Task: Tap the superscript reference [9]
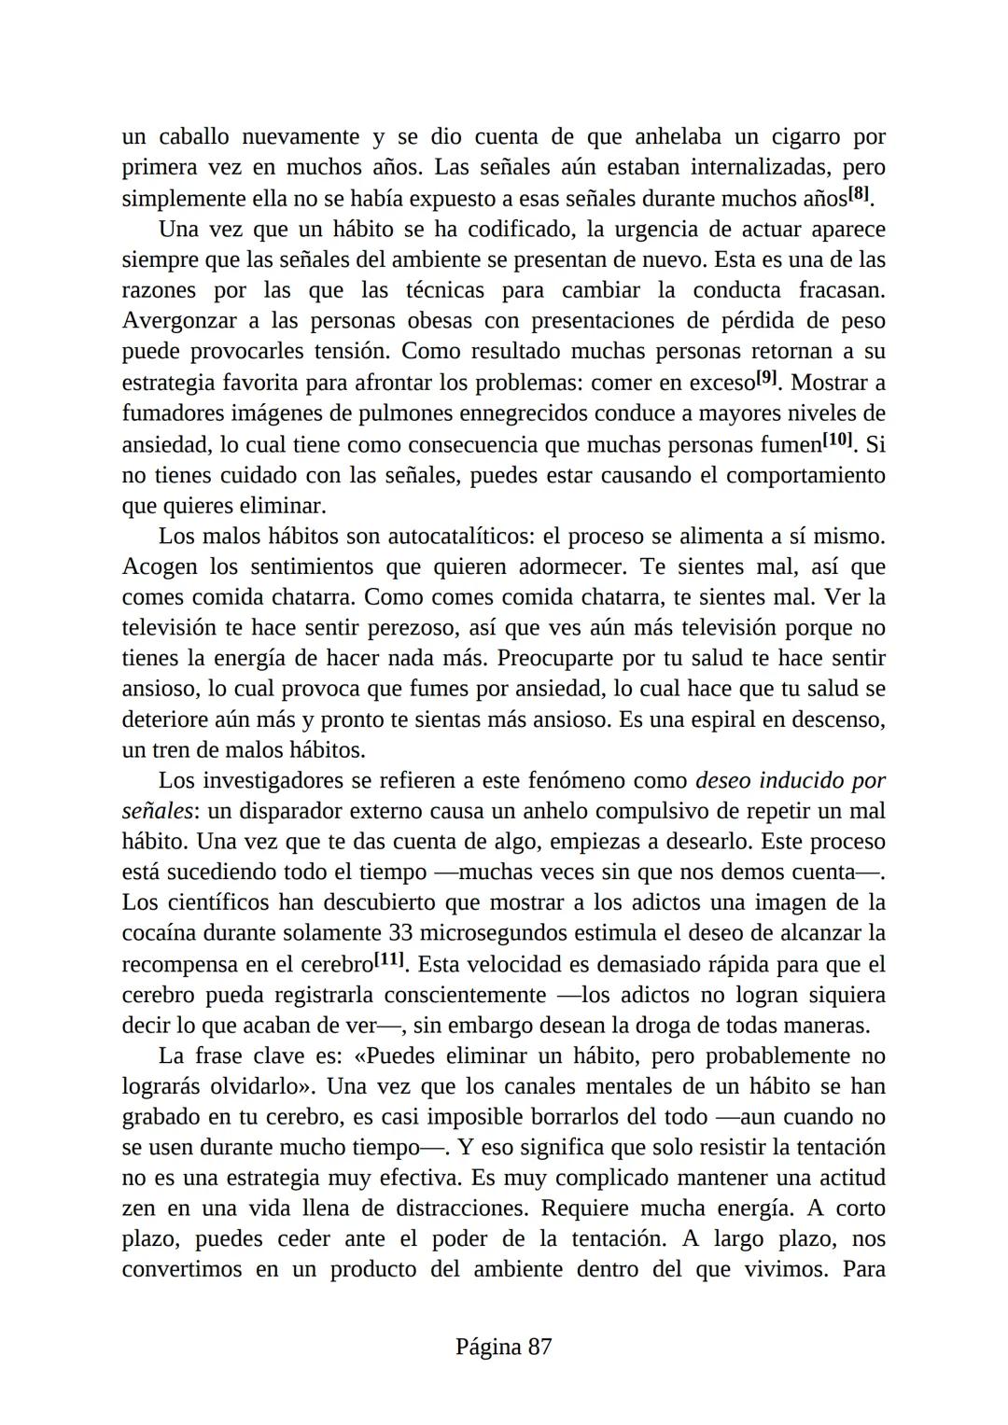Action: click(x=766, y=378)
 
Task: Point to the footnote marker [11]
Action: click(x=389, y=958)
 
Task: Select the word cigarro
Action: click(x=805, y=137)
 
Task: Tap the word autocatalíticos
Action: click(x=461, y=537)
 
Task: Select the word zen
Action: click(x=138, y=1208)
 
